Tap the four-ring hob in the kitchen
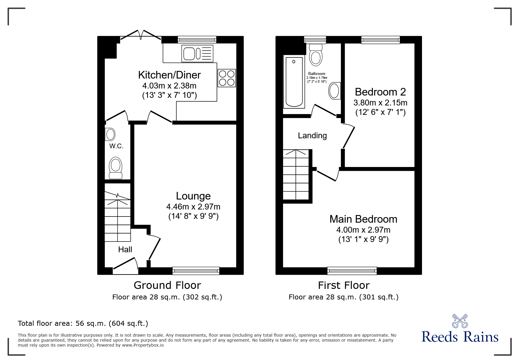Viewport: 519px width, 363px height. point(227,78)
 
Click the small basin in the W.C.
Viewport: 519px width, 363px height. point(110,134)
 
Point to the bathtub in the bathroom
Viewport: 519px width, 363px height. point(294,82)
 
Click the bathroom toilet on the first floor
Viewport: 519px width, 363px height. point(316,54)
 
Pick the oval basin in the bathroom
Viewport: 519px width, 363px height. point(334,91)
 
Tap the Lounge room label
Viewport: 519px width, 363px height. point(193,196)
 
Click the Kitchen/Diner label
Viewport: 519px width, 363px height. point(169,75)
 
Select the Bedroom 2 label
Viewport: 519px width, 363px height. point(380,92)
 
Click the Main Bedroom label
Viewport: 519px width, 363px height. point(363,219)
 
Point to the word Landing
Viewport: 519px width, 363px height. point(312,136)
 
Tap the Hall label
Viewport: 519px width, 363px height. point(125,249)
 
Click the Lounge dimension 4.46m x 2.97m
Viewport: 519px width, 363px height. point(193,207)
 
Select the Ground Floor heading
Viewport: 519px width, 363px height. point(167,285)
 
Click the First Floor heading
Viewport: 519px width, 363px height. point(343,285)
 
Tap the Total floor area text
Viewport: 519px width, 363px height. point(83,323)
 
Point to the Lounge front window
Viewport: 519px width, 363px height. point(196,271)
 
